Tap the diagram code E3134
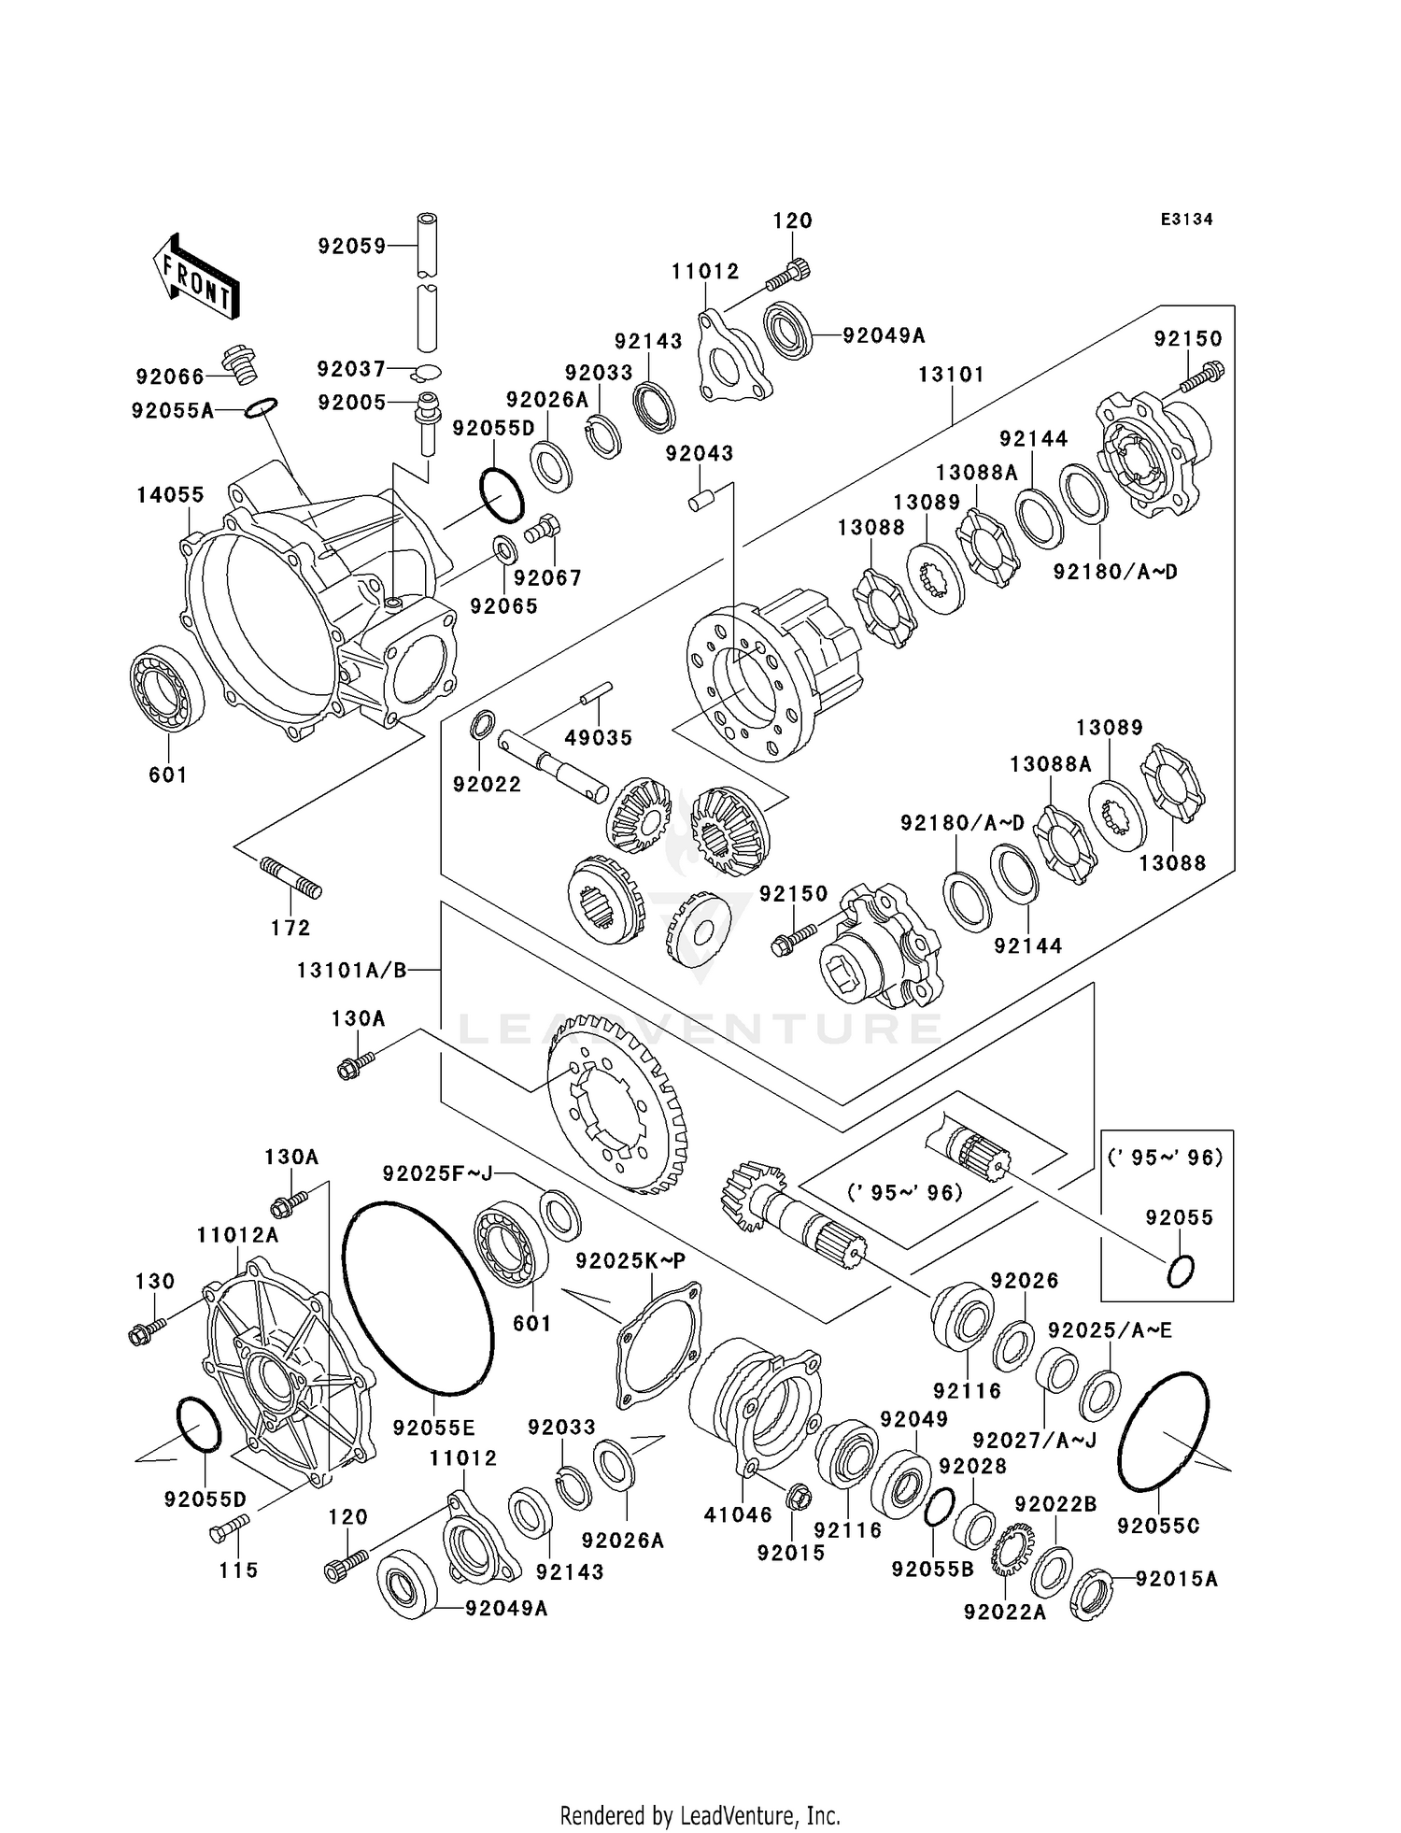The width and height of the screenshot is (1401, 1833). [1186, 220]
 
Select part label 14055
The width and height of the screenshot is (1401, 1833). [170, 494]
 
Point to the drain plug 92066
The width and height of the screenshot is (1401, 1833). [240, 365]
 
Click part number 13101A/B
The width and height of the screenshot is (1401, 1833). [352, 970]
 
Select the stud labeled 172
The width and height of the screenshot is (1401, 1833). [290, 879]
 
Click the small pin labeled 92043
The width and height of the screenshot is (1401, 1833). [700, 501]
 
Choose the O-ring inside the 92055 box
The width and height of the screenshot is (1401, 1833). [1181, 1271]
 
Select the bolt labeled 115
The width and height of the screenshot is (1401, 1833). [230, 1529]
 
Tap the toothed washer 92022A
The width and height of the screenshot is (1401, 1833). [1010, 1551]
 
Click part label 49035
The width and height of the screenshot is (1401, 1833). [598, 737]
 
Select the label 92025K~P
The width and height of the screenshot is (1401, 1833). [630, 1261]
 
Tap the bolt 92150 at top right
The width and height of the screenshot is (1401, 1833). [1202, 377]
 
